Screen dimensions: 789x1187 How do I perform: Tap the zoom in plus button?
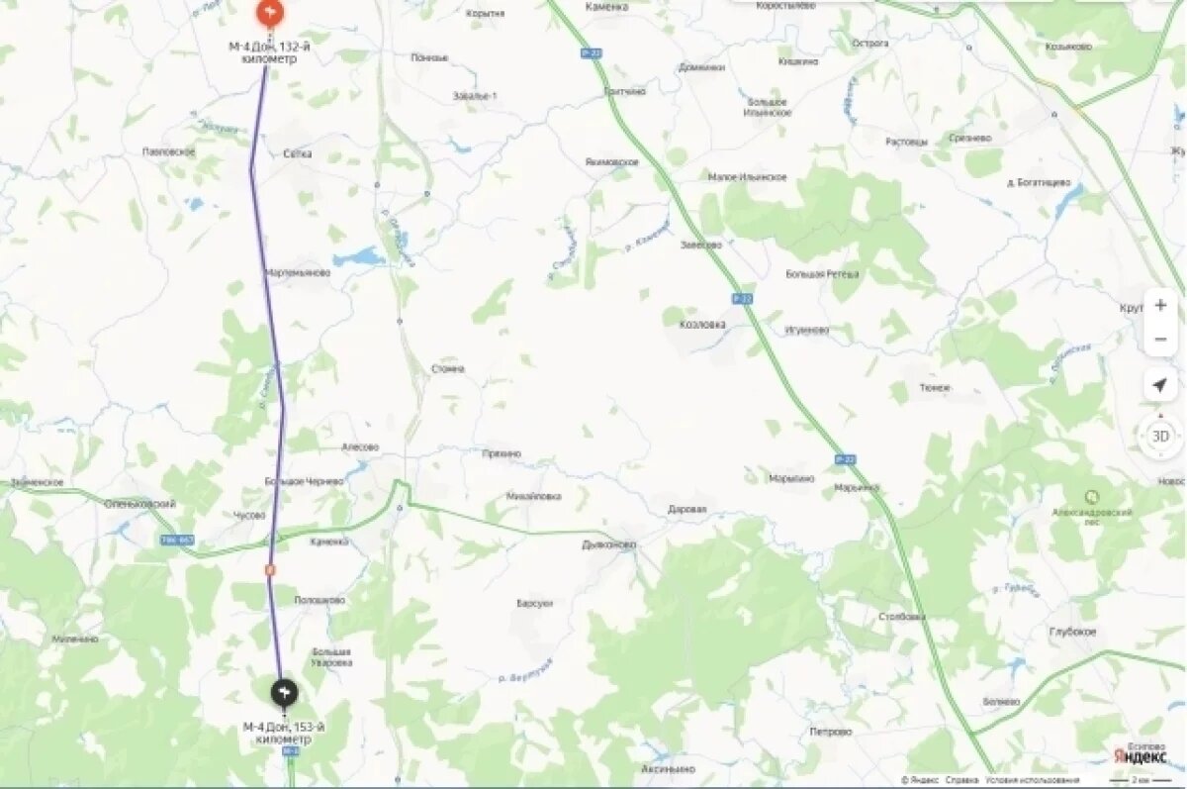click(x=1160, y=306)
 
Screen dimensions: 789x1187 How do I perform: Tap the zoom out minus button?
click(x=1160, y=340)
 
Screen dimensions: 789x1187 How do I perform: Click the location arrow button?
click(x=1160, y=384)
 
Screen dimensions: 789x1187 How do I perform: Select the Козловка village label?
click(x=702, y=324)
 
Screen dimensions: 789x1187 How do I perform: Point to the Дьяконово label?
click(x=608, y=544)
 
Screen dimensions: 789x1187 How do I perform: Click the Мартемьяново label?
click(x=297, y=272)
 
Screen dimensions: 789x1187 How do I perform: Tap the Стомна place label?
click(x=448, y=368)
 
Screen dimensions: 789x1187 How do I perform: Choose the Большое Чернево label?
click(x=304, y=481)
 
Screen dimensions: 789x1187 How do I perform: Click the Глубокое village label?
click(x=1072, y=632)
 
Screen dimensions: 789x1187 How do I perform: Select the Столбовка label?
click(x=901, y=616)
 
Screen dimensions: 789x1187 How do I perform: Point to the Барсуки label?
click(x=534, y=603)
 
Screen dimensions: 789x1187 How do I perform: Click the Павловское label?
click(x=168, y=152)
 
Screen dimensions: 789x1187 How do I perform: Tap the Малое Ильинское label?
click(x=747, y=177)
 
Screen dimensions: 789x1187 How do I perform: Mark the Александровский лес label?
click(x=1092, y=512)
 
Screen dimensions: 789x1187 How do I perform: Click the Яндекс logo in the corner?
click(x=1141, y=756)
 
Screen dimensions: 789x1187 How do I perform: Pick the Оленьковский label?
click(x=139, y=504)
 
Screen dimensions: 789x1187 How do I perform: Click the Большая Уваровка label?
click(x=331, y=657)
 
